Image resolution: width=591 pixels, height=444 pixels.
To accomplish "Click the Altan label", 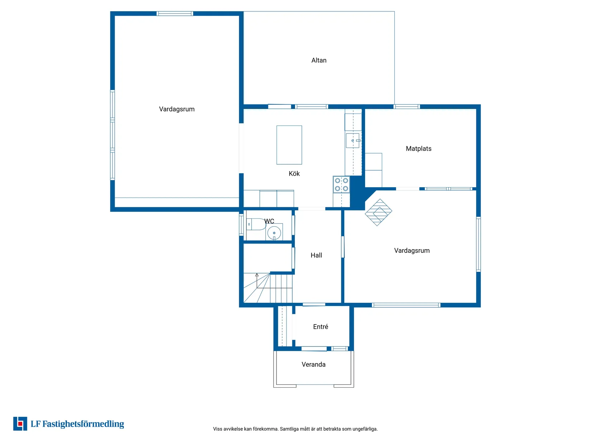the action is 319,60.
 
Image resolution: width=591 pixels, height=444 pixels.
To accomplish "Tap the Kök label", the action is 294,174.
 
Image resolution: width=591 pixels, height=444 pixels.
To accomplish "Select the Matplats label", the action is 418,148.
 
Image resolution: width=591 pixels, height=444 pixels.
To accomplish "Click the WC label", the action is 269,221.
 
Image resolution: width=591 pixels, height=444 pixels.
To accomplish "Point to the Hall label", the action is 316,255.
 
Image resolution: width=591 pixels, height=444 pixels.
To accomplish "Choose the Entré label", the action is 321,327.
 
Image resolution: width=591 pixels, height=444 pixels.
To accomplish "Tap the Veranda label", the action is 313,364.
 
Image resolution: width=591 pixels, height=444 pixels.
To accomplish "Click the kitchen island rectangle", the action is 289,145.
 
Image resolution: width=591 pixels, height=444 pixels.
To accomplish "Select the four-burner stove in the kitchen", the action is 341,185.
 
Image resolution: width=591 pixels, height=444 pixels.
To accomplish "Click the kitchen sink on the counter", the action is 353,141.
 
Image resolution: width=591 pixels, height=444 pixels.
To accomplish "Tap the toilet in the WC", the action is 256,224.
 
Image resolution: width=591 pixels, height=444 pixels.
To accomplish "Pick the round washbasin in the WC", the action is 274,232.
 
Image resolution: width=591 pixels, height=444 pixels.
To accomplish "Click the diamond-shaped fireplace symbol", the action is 378,212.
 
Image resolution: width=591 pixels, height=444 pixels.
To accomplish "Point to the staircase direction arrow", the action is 257,280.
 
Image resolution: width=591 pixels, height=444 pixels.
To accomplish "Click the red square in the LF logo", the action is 20,424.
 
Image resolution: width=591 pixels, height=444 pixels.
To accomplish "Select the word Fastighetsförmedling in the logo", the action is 83,424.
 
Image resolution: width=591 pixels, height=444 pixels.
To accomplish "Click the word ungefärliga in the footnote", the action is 365,429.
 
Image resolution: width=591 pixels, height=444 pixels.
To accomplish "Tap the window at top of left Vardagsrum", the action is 175,14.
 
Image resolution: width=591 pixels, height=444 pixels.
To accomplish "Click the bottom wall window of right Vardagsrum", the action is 406,305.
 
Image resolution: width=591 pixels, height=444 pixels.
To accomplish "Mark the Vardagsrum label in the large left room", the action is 177,109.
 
